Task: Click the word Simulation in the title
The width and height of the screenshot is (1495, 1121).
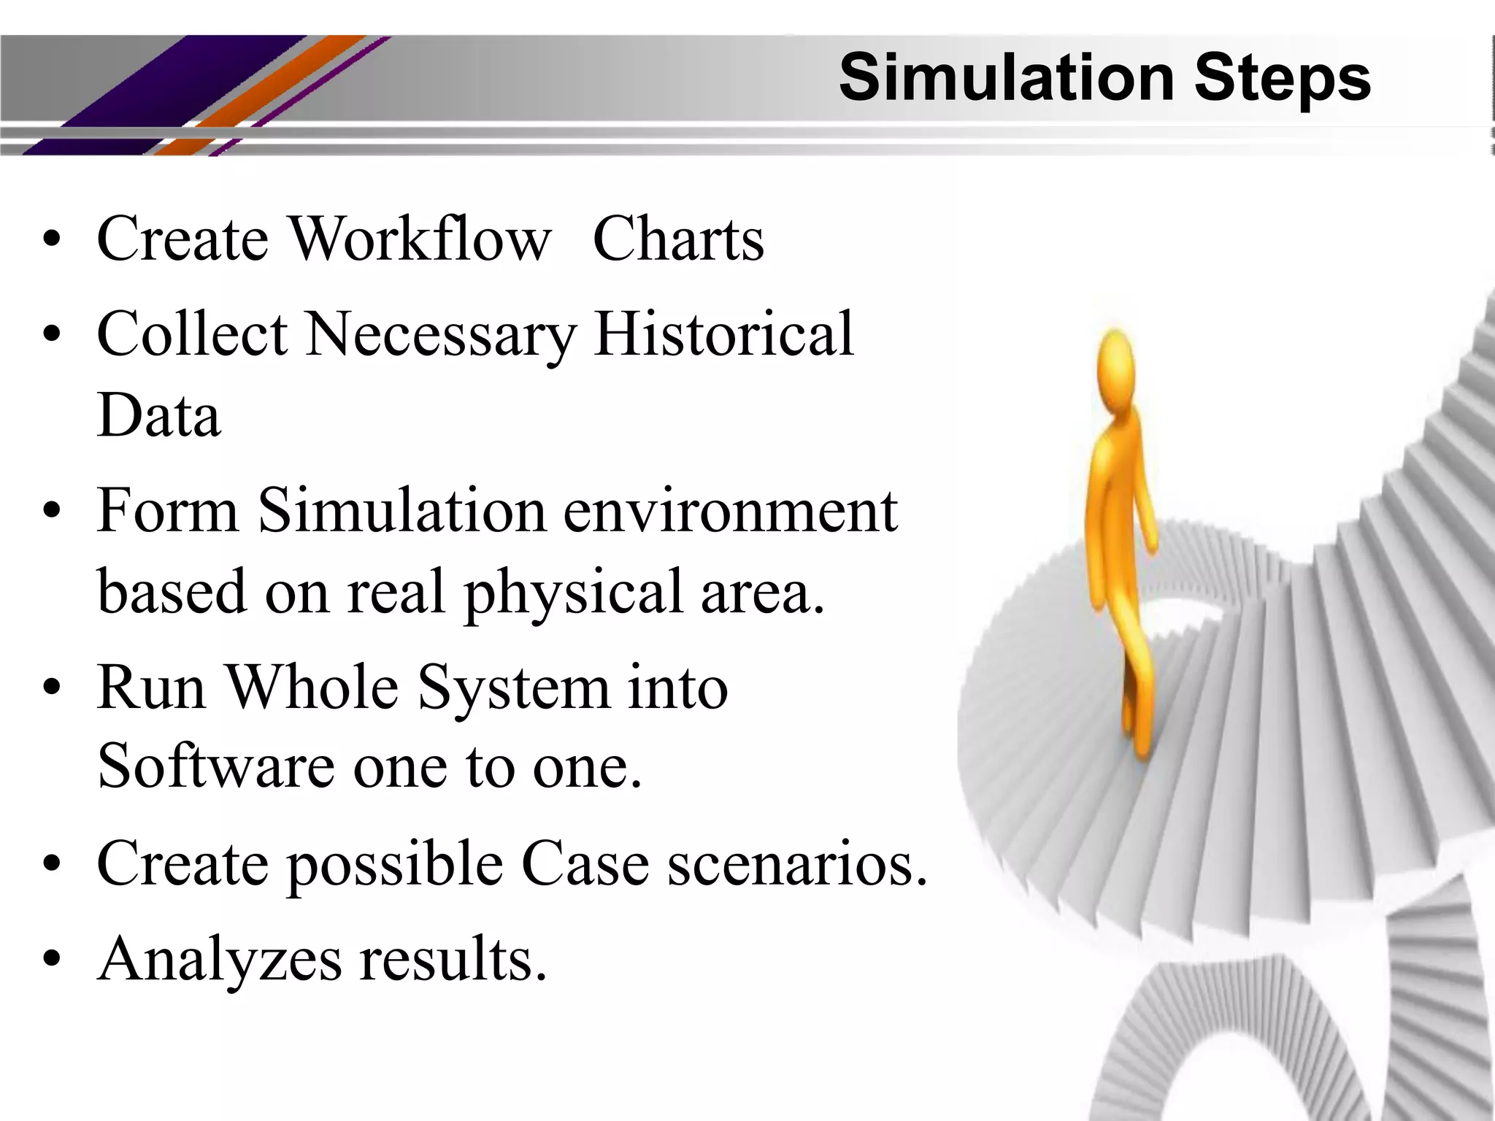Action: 1008,77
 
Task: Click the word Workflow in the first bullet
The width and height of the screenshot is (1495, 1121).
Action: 420,239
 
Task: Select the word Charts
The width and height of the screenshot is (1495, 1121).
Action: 678,239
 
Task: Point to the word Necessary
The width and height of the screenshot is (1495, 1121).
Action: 441,335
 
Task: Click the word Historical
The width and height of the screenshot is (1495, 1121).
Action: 723,334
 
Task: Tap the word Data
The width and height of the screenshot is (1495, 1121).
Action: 158,415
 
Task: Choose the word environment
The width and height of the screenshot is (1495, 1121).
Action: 730,510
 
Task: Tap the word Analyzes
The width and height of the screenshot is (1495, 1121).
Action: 220,960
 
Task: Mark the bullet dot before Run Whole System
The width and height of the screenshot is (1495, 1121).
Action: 51,687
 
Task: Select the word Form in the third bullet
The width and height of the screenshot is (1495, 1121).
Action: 168,510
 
